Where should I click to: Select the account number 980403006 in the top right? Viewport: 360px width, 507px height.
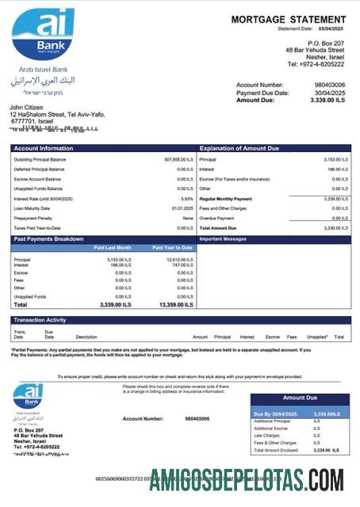coord(330,85)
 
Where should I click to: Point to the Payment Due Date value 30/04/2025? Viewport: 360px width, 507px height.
coord(331,93)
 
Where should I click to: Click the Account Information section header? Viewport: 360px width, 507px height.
coord(43,148)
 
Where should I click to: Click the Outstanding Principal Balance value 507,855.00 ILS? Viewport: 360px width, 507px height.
coord(178,159)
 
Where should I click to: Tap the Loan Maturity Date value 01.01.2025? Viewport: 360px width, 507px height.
coord(182,208)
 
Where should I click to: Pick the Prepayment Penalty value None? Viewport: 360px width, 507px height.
coord(188,218)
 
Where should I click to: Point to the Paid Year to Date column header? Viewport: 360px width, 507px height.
coord(172,248)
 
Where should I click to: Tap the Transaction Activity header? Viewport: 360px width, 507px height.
coord(41,320)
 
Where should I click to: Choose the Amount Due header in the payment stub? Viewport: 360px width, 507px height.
coord(300,398)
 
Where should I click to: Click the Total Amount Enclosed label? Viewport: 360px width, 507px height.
coord(275,450)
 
